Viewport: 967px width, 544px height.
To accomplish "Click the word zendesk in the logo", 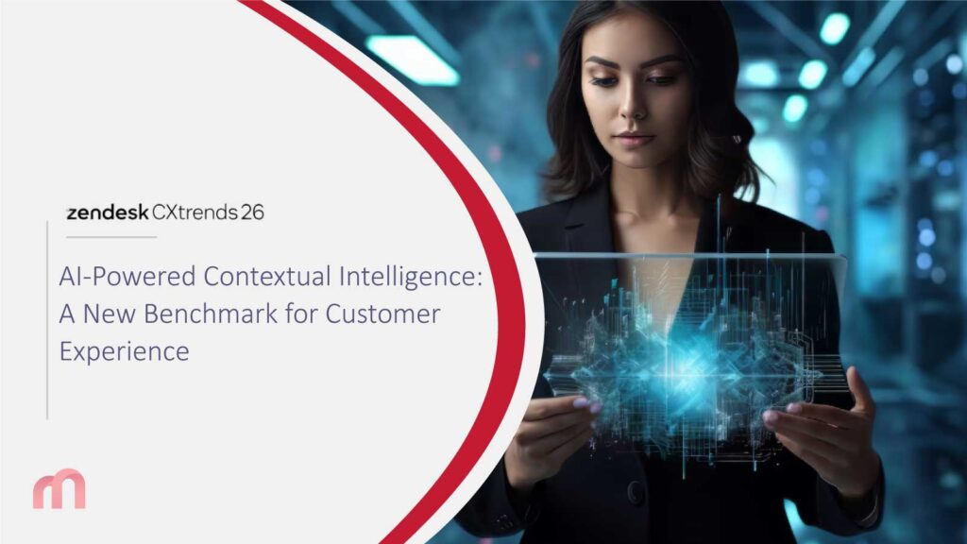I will [107, 212].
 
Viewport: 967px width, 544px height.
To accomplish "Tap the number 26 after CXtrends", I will [252, 212].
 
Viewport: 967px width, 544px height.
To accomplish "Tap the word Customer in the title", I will [382, 314].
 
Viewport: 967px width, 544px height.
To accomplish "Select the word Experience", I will [124, 350].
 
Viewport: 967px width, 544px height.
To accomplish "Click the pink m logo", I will [59, 490].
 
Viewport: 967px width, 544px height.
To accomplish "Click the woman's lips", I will [634, 138].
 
